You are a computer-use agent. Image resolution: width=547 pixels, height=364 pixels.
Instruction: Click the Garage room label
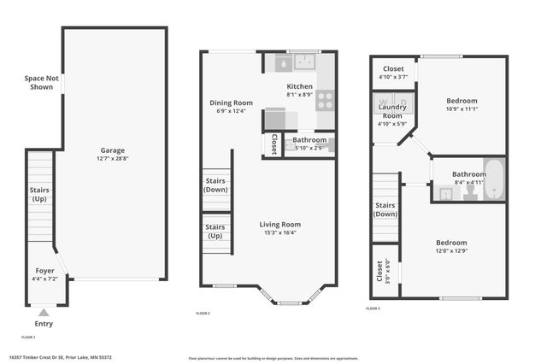[112, 150]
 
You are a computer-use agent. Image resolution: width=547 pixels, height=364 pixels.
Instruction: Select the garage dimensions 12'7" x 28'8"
[112, 159]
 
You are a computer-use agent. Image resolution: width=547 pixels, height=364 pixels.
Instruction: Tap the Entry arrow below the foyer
[44, 313]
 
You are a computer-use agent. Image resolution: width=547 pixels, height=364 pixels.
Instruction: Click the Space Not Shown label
[40, 82]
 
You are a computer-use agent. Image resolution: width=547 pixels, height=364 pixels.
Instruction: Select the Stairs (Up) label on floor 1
[39, 193]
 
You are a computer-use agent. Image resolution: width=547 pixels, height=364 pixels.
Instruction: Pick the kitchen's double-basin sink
[303, 62]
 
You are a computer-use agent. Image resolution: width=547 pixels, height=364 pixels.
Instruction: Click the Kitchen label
[299, 86]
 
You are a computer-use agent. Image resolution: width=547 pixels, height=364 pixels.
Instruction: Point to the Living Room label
[280, 225]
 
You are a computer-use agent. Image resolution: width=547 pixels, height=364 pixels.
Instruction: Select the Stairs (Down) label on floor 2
[215, 185]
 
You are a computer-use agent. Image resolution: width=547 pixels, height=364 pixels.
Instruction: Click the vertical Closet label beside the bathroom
[273, 144]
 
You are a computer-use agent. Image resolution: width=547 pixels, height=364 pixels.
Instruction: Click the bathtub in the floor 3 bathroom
[495, 180]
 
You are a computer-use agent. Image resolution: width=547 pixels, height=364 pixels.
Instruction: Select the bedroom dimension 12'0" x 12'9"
[450, 251]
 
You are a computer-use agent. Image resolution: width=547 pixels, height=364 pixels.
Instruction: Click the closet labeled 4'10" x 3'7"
[393, 73]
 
